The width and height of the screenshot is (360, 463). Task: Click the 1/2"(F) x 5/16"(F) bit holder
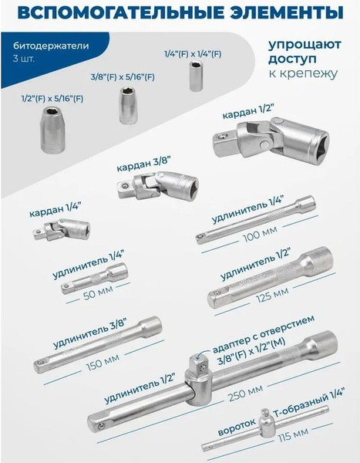click(52, 130)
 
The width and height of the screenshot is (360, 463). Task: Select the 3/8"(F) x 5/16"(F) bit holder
click(128, 105)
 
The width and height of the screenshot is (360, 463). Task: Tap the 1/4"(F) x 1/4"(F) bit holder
click(195, 76)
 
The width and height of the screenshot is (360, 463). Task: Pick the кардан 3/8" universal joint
click(158, 187)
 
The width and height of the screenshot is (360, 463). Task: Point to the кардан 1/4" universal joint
click(62, 229)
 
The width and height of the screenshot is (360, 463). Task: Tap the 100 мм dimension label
click(260, 234)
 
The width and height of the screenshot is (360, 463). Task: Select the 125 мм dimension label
click(272, 295)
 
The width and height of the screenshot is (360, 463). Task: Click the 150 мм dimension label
click(103, 363)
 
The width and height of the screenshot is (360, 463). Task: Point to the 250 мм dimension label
click(245, 393)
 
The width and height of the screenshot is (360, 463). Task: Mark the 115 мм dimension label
click(293, 434)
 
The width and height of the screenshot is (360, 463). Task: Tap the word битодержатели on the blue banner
click(51, 46)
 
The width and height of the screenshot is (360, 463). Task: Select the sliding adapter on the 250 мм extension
click(197, 380)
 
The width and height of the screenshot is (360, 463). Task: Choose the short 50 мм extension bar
click(94, 278)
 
